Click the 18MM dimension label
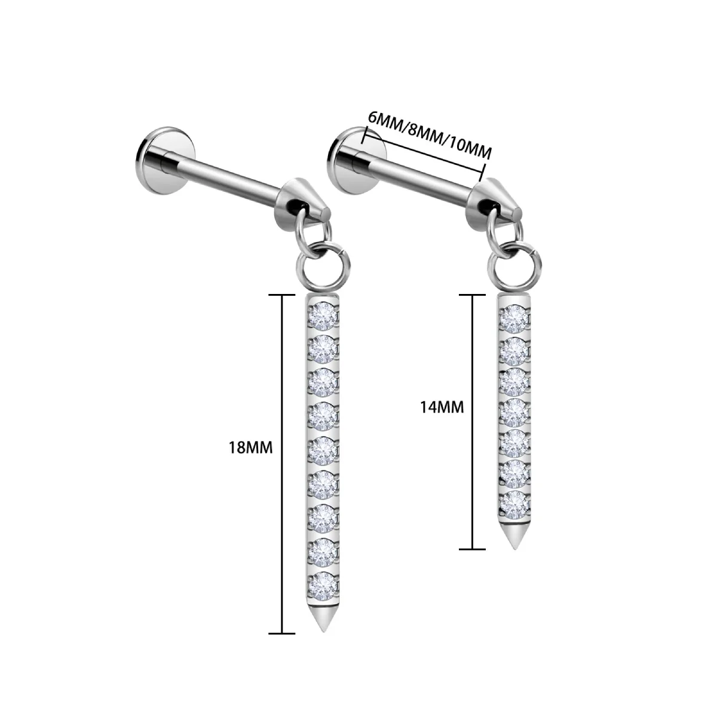coord(250,448)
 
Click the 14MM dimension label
coord(442,407)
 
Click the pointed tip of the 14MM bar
coord(514,549)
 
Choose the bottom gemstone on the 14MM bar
coord(514,504)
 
